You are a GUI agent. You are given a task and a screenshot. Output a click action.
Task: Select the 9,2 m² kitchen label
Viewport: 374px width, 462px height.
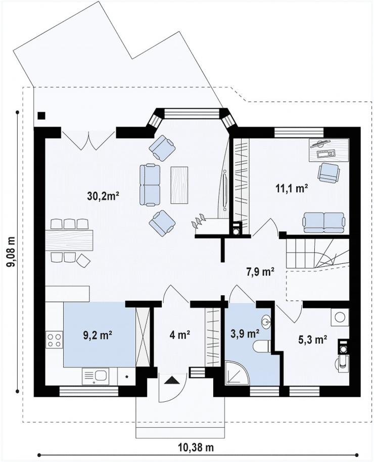tap(97, 335)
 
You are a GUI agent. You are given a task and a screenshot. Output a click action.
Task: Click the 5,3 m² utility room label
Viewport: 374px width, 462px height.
tap(313, 340)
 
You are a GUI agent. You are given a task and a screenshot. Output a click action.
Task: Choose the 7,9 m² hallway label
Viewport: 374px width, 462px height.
tap(260, 271)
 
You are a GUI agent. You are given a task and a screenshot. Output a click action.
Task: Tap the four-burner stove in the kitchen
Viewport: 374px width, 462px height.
tap(54, 340)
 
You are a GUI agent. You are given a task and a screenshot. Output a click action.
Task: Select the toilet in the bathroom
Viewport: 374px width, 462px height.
tap(262, 346)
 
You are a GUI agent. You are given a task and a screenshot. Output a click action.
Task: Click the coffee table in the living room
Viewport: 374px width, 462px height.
tap(179, 184)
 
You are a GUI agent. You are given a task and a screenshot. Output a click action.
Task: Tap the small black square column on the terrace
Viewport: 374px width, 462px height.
tap(41, 115)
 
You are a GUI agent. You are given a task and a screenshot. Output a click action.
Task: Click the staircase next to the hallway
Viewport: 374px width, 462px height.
tap(317, 253)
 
